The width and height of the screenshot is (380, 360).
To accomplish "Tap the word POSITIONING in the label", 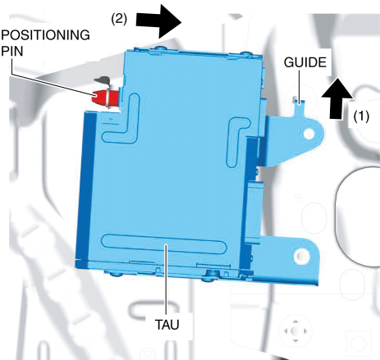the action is coord(45,35).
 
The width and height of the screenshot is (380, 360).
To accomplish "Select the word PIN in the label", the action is coord(12,51).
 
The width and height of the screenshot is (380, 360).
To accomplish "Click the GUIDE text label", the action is coord(305,62).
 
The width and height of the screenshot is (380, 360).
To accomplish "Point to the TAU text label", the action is coord(167,325).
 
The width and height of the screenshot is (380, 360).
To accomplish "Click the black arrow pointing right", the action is coord(159,21).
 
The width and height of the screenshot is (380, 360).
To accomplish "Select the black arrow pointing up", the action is coord(337,98).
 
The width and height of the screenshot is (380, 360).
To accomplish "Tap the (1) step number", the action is coord(361,116).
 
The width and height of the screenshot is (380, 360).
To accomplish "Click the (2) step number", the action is coord(119,19).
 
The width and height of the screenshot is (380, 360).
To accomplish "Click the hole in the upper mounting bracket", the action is coord(309,134).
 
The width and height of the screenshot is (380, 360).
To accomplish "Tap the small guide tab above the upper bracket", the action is coord(299,106).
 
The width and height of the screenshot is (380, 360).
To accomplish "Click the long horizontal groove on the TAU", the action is coord(164,244).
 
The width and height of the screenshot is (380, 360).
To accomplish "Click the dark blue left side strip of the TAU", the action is coord(86,187).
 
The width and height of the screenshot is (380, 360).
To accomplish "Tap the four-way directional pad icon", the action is coord(295,331).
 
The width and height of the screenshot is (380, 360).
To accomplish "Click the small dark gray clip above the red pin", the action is coord(103,80).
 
